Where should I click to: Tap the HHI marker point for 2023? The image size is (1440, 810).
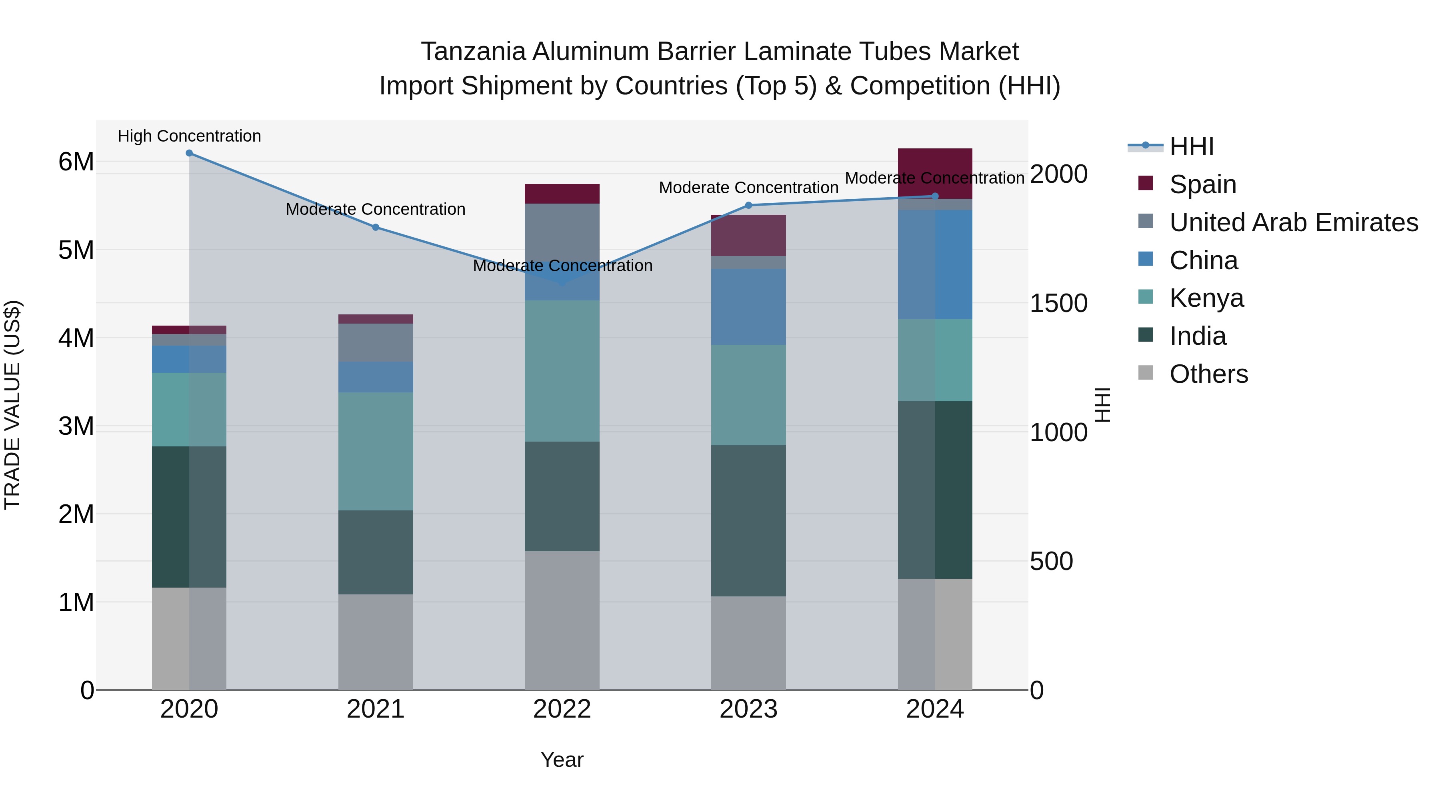[x=748, y=205]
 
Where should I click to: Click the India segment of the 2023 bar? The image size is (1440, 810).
[x=748, y=520]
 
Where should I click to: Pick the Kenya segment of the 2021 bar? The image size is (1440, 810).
[x=375, y=451]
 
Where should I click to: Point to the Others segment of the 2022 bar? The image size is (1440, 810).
[x=562, y=620]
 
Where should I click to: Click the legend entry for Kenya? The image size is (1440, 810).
[x=1206, y=298]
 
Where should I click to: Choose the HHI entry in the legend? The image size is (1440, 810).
[x=1191, y=146]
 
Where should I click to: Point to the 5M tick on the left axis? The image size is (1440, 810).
[x=76, y=250]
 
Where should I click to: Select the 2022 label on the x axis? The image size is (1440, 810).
[x=562, y=709]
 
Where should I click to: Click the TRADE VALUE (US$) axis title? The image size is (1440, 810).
[x=12, y=405]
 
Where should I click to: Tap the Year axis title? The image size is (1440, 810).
[x=562, y=760]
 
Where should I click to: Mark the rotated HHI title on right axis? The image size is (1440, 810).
[x=1102, y=405]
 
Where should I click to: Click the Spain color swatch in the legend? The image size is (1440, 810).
[x=1146, y=183]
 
